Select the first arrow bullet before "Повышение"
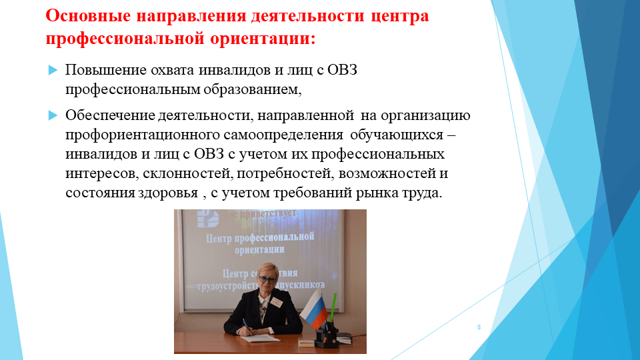[x=53, y=70]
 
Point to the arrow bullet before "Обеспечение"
[x=53, y=115]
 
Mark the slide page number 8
[x=479, y=327]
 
